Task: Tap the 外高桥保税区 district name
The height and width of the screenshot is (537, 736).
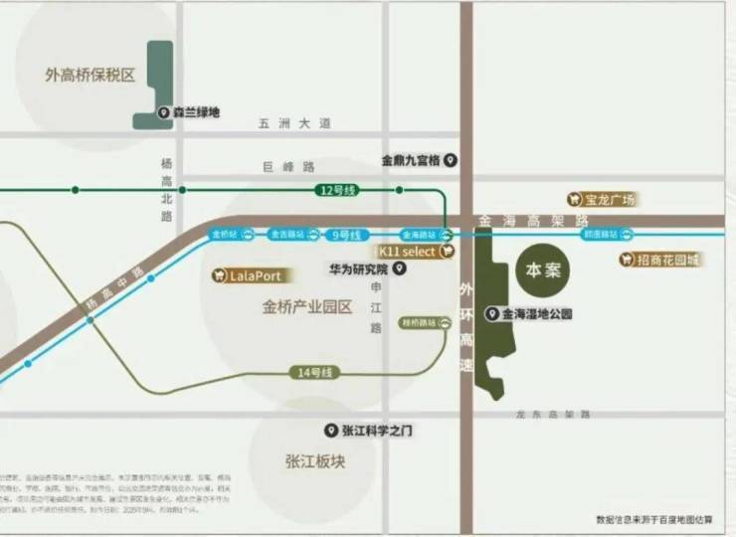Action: [x=90, y=75]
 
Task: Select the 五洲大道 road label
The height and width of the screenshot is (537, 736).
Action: [x=293, y=123]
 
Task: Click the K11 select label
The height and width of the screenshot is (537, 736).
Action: [x=408, y=253]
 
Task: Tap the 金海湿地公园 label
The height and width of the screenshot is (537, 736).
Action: [x=535, y=314]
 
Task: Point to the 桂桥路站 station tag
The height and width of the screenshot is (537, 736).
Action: [x=419, y=323]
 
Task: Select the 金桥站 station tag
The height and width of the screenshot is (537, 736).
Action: [x=223, y=235]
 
